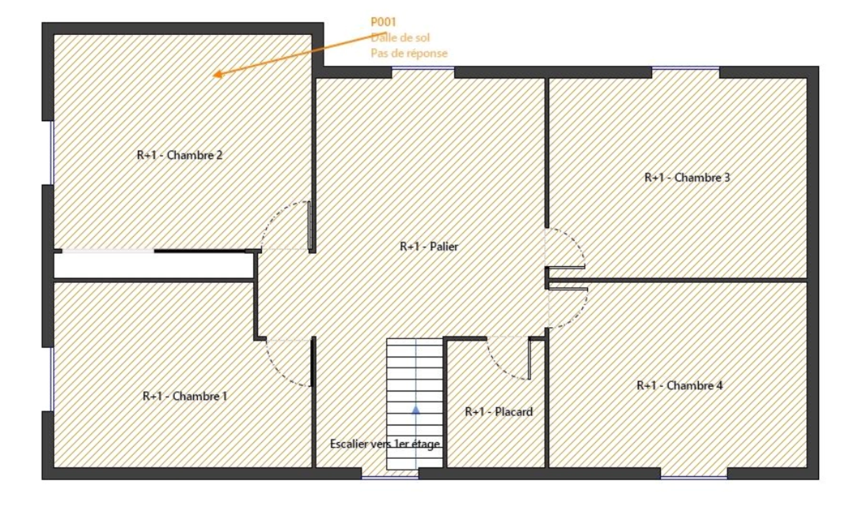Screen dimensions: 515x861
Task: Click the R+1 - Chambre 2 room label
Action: pyautogui.click(x=180, y=155)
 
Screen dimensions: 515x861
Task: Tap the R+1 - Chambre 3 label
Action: pyautogui.click(x=687, y=177)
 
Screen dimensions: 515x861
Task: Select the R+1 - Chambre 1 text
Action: pyautogui.click(x=185, y=396)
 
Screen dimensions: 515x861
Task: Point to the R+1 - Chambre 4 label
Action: pyautogui.click(x=679, y=385)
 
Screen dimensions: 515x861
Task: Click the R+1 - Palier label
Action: pyautogui.click(x=429, y=247)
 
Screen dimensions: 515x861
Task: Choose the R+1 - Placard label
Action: pyautogui.click(x=498, y=412)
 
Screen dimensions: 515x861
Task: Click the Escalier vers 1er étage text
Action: pyautogui.click(x=385, y=444)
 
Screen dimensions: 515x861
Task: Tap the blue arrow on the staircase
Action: pyautogui.click(x=416, y=409)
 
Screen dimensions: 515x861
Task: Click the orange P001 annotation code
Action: pyautogui.click(x=383, y=22)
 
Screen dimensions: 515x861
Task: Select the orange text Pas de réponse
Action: pyautogui.click(x=409, y=53)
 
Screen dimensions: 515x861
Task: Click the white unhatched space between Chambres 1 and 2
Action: pyautogui.click(x=152, y=266)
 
